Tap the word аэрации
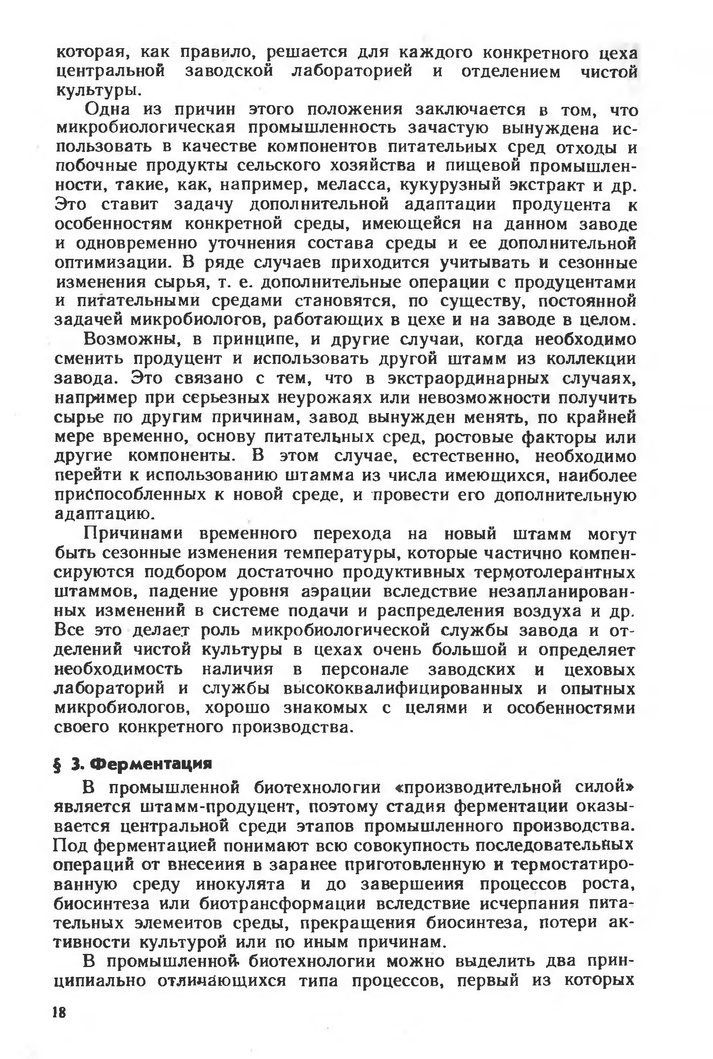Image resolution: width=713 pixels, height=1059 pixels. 336,592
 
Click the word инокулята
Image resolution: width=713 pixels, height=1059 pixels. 240,884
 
